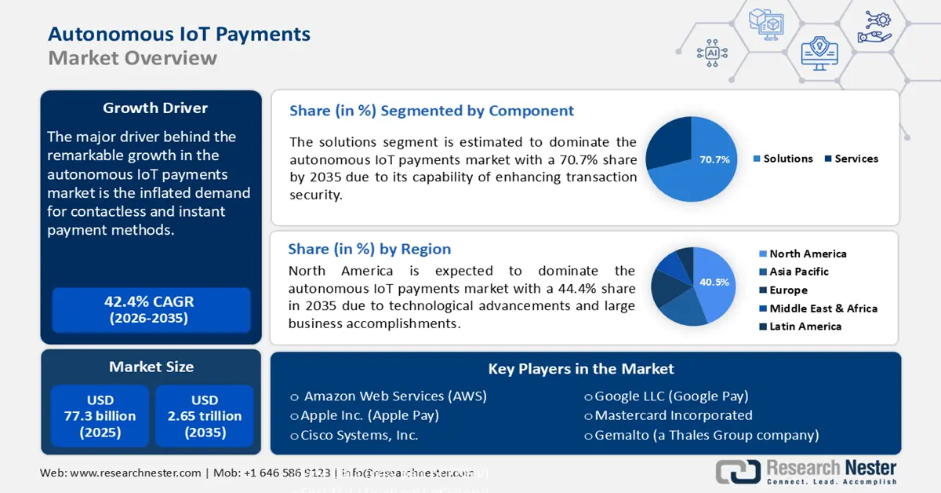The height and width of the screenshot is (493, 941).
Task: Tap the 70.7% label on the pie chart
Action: click(714, 159)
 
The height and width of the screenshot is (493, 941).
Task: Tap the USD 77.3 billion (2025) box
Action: click(100, 416)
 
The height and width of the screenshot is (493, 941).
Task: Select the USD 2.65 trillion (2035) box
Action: click(205, 416)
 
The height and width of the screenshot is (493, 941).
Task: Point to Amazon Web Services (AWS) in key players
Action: click(394, 396)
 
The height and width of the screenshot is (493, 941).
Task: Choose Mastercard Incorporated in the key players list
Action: click(673, 415)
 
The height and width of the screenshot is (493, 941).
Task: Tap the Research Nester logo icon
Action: click(737, 471)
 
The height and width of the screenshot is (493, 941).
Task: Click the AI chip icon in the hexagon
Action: click(712, 53)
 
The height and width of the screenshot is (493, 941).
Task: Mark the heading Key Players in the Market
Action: click(580, 369)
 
